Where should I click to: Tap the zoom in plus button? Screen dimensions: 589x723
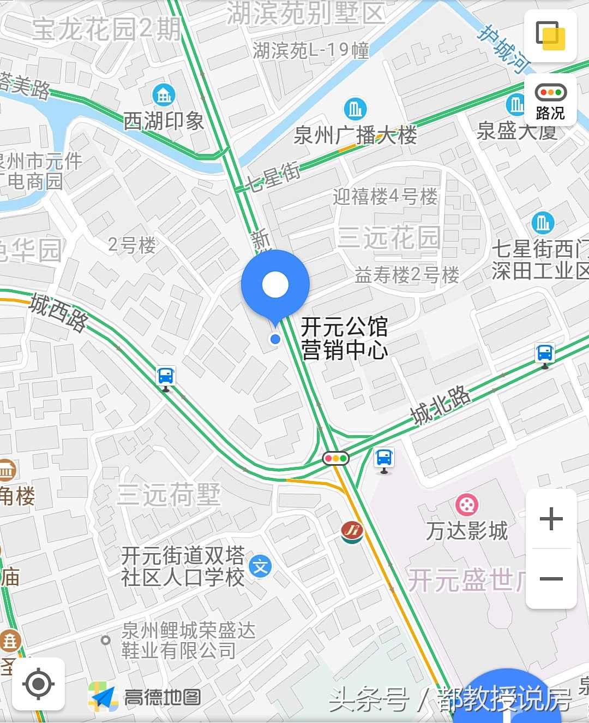pos(551,518)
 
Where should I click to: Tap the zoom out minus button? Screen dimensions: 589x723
pos(551,578)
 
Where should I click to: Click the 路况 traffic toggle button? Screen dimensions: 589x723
pos(550,101)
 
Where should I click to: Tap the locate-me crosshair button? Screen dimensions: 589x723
pos(38,684)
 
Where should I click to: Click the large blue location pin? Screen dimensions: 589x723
pos(275,285)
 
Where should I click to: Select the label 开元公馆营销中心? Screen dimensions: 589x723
pos(344,339)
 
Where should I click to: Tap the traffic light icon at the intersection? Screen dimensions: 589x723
pos(335,458)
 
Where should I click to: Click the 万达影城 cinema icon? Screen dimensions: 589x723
pos(467,505)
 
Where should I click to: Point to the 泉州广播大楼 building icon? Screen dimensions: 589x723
pos(355,110)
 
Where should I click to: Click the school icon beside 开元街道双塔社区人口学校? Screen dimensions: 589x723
pos(260,567)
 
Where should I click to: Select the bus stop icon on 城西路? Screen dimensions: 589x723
pos(166,377)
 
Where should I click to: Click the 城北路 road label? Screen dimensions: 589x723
pos(441,405)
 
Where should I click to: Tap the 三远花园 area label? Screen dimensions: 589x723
pos(388,237)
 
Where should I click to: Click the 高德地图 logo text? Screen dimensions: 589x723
pos(163,697)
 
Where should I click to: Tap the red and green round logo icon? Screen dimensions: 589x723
pos(352,531)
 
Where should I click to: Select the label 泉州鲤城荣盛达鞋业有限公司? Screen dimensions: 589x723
pos(188,641)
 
